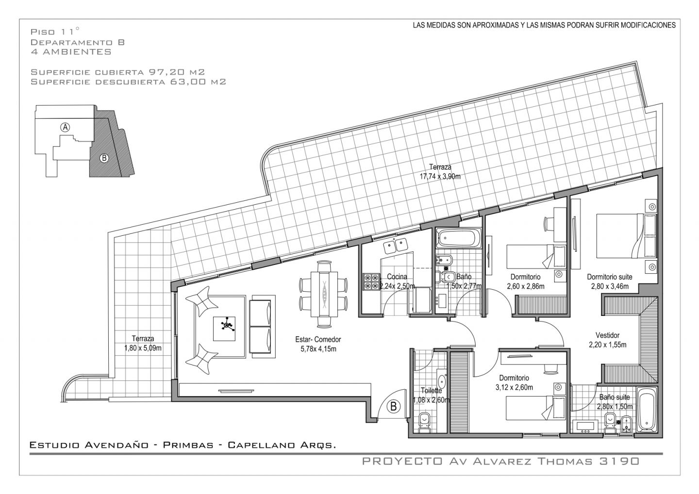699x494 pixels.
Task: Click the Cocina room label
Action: [397, 277]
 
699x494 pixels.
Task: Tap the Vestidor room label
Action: [608, 335]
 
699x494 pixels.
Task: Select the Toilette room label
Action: [431, 391]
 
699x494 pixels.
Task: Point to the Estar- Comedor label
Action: [318, 339]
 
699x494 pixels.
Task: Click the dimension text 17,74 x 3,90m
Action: [440, 177]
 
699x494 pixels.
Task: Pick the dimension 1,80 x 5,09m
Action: [143, 348]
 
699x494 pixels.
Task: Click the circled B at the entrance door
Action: [394, 406]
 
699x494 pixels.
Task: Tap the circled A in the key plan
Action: [65, 127]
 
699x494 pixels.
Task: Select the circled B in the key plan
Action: [104, 158]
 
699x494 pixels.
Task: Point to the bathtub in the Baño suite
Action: [647, 410]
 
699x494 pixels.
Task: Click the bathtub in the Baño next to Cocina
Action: [459, 239]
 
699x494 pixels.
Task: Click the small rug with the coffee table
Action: [224, 329]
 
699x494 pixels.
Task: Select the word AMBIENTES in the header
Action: [77, 52]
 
